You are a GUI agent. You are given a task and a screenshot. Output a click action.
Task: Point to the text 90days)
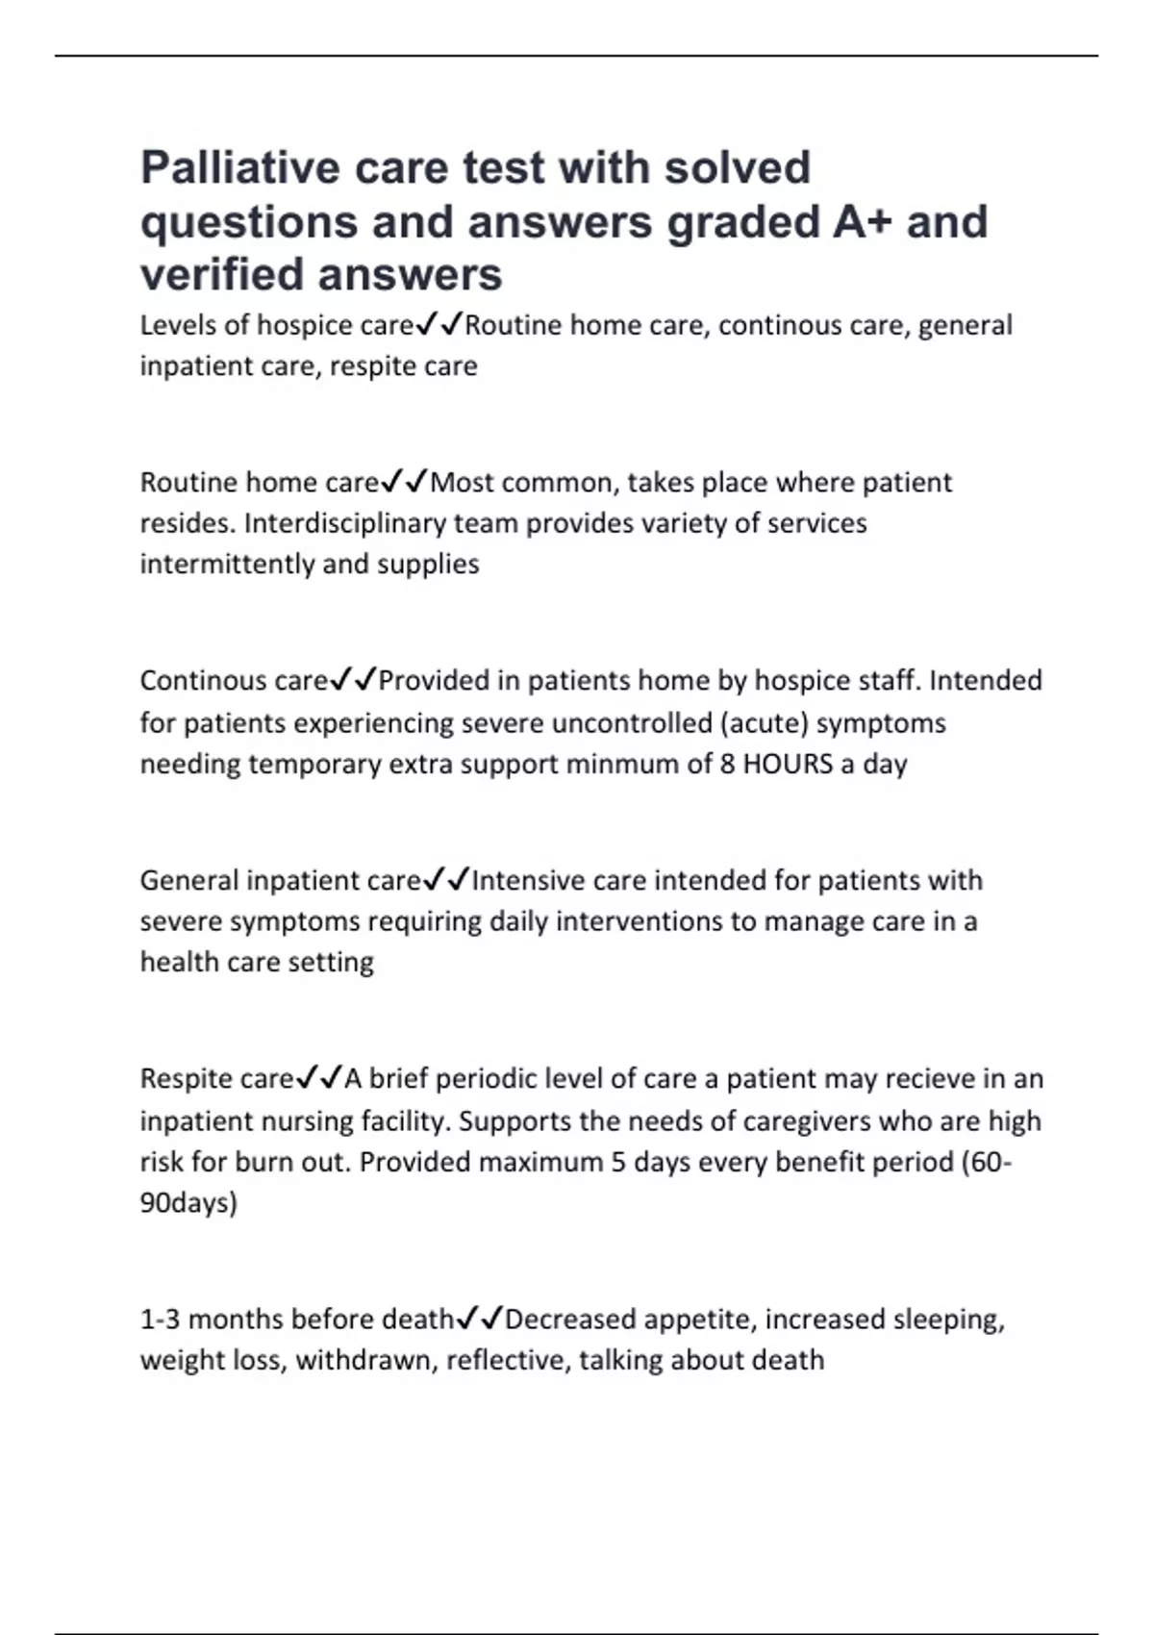click(188, 1203)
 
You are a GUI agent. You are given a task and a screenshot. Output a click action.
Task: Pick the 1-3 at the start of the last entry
click(160, 1320)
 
